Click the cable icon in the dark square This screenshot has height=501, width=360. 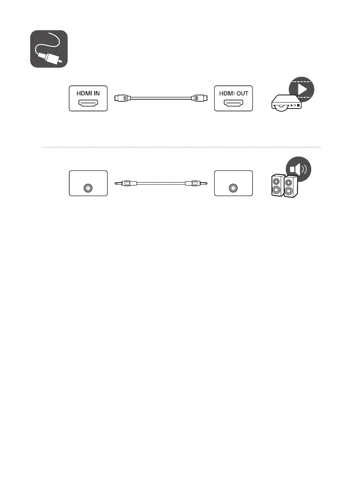(x=49, y=49)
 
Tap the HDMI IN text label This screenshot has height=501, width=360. (x=88, y=93)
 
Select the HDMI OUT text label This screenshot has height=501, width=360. (x=233, y=93)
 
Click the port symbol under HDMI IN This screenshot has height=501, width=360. (x=88, y=104)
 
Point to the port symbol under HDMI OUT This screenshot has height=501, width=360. (x=233, y=104)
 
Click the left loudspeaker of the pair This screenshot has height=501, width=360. (x=276, y=185)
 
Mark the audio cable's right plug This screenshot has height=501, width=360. (x=195, y=183)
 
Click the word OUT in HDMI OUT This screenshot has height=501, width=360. (x=241, y=93)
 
